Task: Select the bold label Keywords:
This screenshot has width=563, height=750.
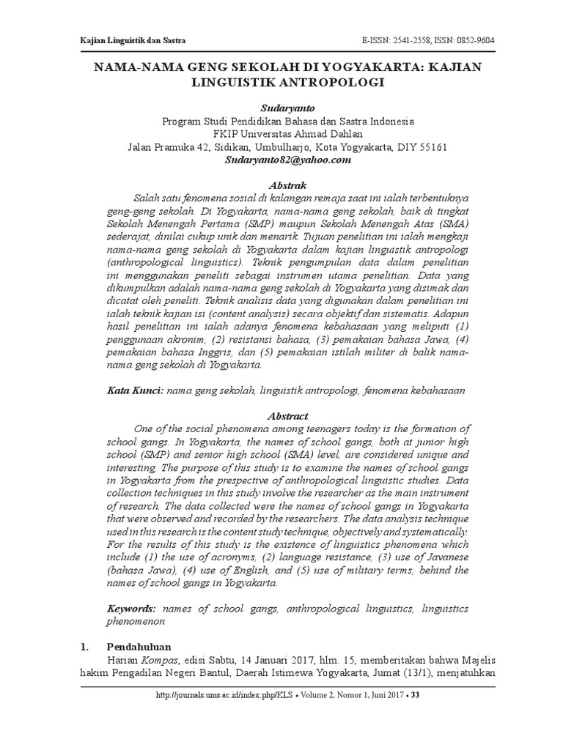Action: pos(131,609)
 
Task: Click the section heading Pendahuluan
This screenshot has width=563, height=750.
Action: pos(139,647)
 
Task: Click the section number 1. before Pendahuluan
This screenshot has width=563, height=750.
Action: pos(84,647)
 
